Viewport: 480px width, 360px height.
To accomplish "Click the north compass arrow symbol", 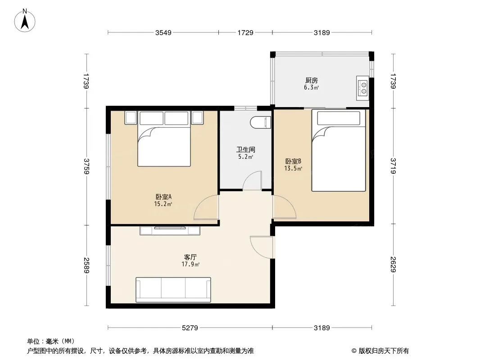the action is coord(25,21).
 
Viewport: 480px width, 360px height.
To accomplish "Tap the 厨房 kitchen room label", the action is coord(311,81).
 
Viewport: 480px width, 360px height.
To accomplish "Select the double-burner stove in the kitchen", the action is coord(363,88).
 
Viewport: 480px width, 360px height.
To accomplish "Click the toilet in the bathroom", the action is coord(261,122).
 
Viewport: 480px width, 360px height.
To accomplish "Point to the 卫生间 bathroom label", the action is coord(245,149).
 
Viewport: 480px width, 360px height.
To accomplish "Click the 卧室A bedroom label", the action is coord(163,197).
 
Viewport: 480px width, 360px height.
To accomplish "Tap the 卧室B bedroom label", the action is coord(293,161).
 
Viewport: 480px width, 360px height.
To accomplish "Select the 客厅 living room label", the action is coord(190,257).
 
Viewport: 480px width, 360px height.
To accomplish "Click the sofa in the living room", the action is coord(173,290).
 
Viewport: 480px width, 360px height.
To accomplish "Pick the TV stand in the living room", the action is coord(170,230).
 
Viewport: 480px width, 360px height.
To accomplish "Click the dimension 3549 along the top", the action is coord(163,32).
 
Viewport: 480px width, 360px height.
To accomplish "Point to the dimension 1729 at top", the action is coord(245,32).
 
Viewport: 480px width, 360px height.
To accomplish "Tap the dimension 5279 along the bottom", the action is coord(190,328).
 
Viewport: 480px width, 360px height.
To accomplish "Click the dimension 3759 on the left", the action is coord(86,166).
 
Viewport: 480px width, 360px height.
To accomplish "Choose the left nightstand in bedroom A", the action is coord(131,117).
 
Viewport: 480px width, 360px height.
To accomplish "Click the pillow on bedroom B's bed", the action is coord(339,118).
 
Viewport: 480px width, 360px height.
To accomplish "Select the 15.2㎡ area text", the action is coord(163,204).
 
